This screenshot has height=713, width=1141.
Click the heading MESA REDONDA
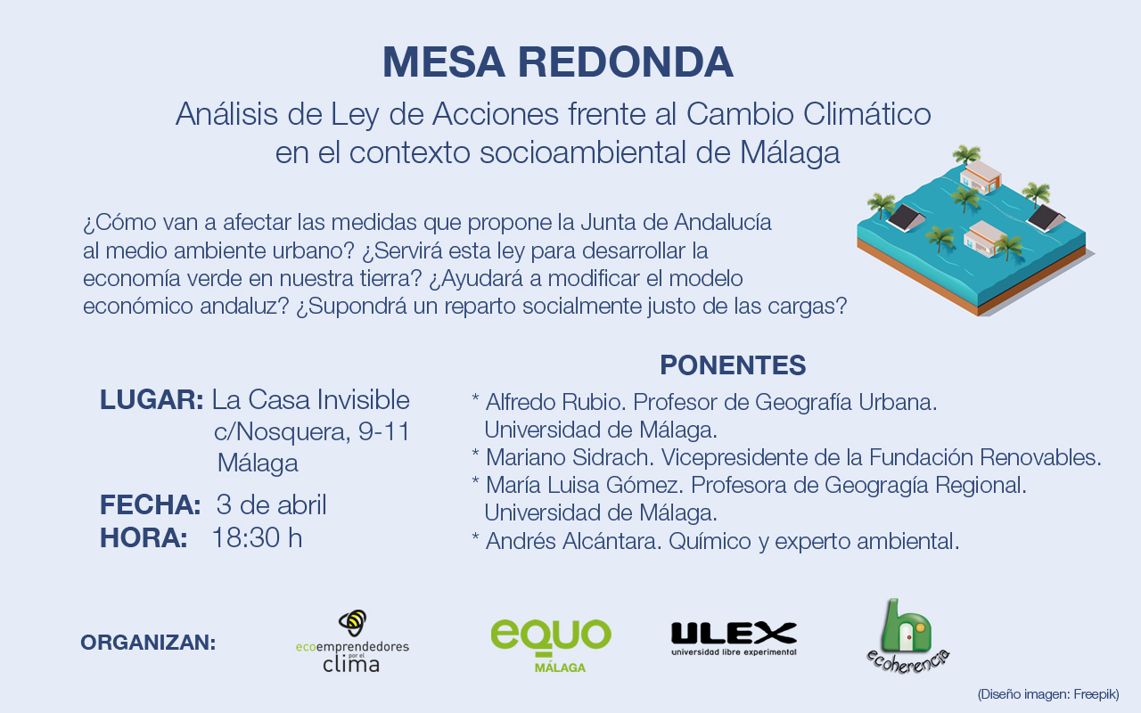click(x=558, y=62)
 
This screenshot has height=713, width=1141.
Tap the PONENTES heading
click(x=733, y=365)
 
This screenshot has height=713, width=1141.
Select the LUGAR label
click(x=152, y=400)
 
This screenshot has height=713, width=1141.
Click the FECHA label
click(x=151, y=504)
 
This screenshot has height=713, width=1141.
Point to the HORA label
click(x=144, y=537)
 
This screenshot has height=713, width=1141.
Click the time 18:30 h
click(x=258, y=537)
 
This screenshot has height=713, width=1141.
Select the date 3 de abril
click(x=272, y=504)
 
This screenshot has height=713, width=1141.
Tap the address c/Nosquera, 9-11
click(x=312, y=432)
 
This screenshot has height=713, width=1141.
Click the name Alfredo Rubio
click(x=555, y=402)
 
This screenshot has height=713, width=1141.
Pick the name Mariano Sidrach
click(x=570, y=457)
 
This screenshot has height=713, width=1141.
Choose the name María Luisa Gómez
click(x=585, y=485)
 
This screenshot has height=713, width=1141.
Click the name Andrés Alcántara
click(x=574, y=541)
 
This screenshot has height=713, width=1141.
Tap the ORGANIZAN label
click(x=148, y=643)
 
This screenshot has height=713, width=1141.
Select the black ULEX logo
click(x=734, y=639)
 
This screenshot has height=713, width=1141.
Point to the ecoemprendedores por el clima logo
click(x=352, y=641)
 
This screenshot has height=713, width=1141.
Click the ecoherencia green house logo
click(x=908, y=636)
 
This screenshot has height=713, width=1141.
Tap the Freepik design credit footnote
click(x=1048, y=694)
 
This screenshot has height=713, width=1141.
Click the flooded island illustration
click(x=976, y=230)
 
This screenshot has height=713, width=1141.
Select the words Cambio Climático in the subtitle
click(x=809, y=113)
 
